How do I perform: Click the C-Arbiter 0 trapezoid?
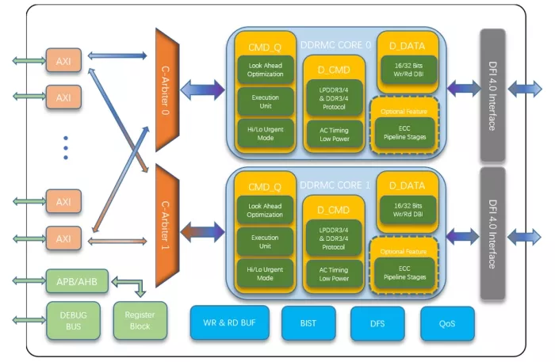click(x=167, y=90)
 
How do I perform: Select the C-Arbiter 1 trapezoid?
click(x=167, y=226)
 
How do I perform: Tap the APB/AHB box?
click(x=77, y=281)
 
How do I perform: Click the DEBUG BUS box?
click(x=73, y=321)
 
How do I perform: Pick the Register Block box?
click(x=140, y=321)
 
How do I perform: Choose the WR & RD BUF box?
click(x=229, y=322)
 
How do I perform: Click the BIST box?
click(x=308, y=323)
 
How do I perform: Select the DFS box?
click(x=377, y=323)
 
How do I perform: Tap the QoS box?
click(x=447, y=323)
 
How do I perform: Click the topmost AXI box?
click(x=63, y=60)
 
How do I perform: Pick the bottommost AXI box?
click(x=63, y=238)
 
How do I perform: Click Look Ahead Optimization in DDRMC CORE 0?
click(x=266, y=70)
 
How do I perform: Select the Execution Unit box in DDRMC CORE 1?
click(x=265, y=242)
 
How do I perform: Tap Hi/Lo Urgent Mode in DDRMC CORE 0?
click(x=266, y=133)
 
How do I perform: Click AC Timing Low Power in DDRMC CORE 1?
click(x=334, y=274)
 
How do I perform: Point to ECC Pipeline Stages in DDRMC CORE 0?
click(x=404, y=132)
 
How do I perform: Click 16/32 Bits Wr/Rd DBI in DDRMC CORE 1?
click(x=408, y=210)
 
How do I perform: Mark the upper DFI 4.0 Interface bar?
click(x=492, y=95)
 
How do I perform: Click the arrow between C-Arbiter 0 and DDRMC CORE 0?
click(x=202, y=90)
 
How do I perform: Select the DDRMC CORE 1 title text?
click(x=335, y=185)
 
